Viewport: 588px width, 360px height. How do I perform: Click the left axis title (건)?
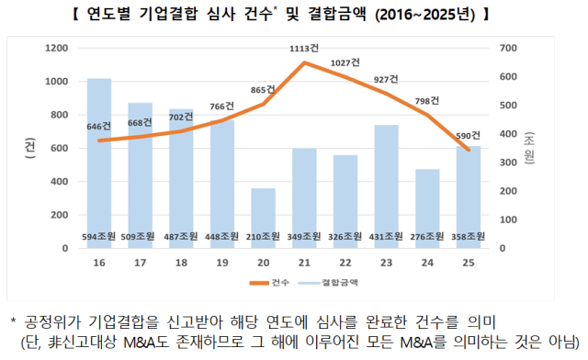click(30, 148)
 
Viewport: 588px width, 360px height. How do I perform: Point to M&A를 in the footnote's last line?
click(417, 343)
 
